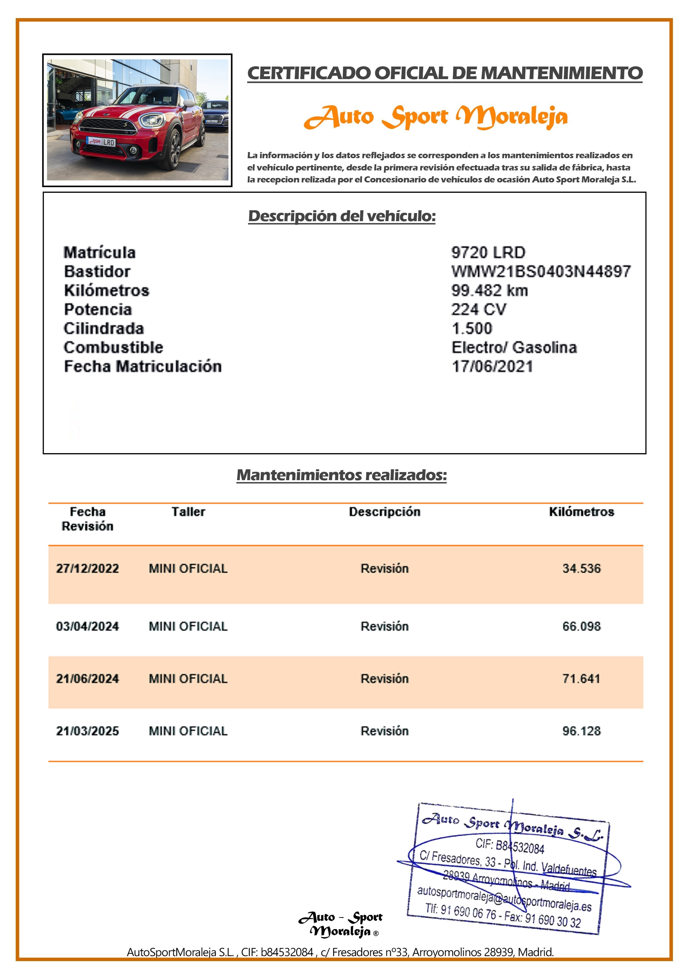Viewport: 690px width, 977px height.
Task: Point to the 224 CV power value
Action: pyautogui.click(x=479, y=309)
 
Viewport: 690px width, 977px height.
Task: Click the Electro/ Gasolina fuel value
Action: pyautogui.click(x=514, y=347)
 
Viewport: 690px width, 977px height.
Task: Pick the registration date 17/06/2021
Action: pyautogui.click(x=492, y=367)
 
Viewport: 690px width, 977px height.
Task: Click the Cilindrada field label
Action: pyautogui.click(x=104, y=329)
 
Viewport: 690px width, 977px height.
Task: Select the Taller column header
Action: pyautogui.click(x=188, y=512)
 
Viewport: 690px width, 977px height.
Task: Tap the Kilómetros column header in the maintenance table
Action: pyautogui.click(x=581, y=512)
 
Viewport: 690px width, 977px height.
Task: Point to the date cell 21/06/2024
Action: pyautogui.click(x=88, y=679)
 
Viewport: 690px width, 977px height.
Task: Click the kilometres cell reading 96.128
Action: pyautogui.click(x=581, y=731)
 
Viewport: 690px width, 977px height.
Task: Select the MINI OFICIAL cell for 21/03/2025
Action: pyautogui.click(x=188, y=731)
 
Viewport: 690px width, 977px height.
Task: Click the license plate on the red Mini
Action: pyautogui.click(x=101, y=142)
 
